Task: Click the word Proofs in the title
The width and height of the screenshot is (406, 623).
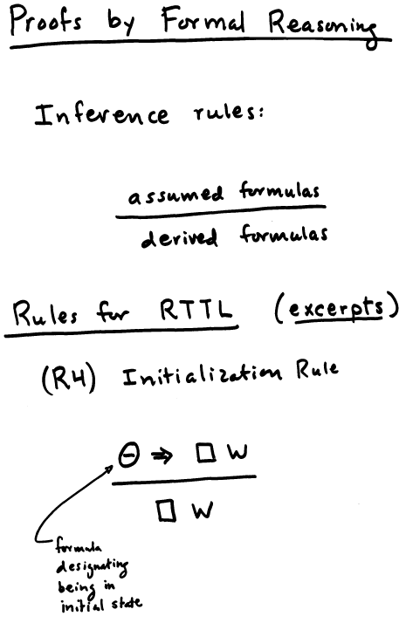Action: (x=46, y=21)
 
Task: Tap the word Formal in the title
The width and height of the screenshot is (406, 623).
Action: (x=203, y=20)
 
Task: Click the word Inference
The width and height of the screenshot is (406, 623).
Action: (x=101, y=115)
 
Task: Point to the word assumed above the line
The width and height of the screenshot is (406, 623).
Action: (x=175, y=195)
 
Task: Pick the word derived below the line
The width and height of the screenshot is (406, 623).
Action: (x=179, y=238)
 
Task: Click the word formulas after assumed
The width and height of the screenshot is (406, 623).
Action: (x=279, y=190)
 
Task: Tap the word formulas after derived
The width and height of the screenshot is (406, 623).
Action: (x=284, y=234)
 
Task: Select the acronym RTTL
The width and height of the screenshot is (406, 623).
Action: (x=196, y=309)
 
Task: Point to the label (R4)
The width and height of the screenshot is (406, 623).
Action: (x=68, y=379)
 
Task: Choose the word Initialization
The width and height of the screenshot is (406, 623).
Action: (x=202, y=375)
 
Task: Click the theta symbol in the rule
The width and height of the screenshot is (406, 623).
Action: (x=129, y=455)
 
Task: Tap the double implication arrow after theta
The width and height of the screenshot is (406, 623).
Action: (x=162, y=455)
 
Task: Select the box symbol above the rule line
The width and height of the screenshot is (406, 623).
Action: (x=206, y=453)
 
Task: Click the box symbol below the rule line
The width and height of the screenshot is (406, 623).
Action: (x=166, y=510)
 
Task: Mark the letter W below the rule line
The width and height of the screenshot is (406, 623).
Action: (x=203, y=510)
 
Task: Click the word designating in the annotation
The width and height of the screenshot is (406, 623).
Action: (x=93, y=566)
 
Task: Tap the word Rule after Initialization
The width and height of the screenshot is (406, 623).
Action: (x=317, y=369)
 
